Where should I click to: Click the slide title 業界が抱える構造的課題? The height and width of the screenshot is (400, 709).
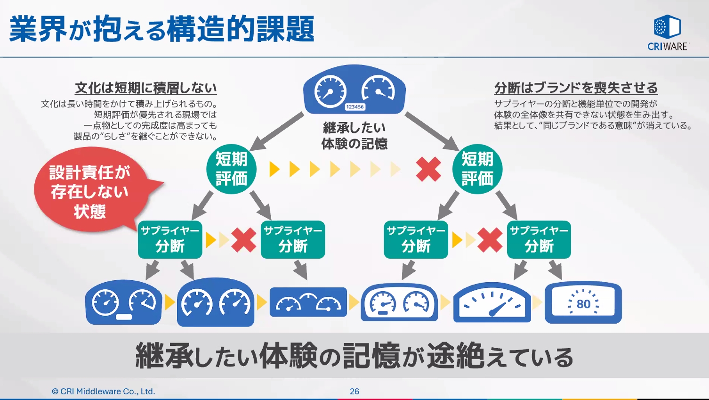pos(161,29)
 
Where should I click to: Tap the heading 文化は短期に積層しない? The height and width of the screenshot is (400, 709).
pos(145,88)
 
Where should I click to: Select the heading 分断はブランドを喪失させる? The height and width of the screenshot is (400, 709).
pos(576,88)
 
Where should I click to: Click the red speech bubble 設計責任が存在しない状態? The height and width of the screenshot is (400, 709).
pos(89,191)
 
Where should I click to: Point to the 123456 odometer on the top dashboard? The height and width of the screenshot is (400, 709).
pos(354,107)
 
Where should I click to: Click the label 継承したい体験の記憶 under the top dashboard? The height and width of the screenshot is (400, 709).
pos(354,136)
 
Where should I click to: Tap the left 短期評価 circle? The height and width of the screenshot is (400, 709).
pos(231,169)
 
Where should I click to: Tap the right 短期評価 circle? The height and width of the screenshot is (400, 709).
pos(477,169)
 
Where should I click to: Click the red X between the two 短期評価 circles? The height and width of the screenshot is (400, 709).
pos(428,170)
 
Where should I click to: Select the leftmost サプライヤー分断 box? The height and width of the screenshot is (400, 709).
pos(170,239)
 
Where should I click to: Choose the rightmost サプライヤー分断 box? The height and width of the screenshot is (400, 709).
pos(539,239)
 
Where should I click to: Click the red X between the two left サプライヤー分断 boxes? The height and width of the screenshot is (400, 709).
pos(244,240)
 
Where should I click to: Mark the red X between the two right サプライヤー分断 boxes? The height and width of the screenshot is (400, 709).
pos(490,240)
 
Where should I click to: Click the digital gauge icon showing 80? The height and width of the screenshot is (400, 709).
pos(583,303)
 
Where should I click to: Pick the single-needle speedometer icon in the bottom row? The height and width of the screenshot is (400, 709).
pos(492,303)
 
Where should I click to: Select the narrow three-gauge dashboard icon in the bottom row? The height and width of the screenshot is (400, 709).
pos(308,302)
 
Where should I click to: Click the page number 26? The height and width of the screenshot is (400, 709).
pos(354,391)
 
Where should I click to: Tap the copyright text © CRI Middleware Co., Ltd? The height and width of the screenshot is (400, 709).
pos(104,391)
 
